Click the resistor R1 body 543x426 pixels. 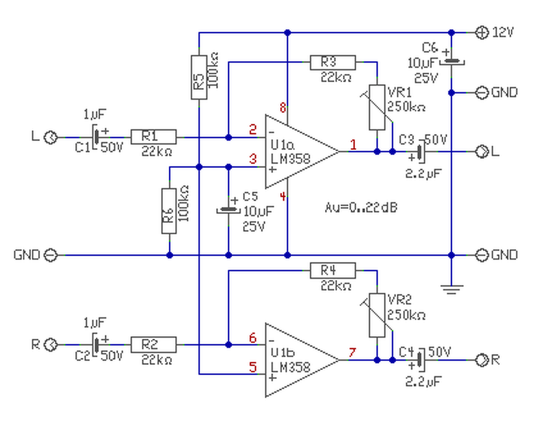154,137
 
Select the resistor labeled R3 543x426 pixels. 333,62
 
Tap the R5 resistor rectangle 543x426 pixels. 199,78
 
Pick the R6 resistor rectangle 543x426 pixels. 169,211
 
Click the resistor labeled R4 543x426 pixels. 333,270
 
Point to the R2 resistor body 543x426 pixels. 154,345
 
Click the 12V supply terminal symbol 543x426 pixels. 481,33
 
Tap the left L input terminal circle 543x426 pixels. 51,137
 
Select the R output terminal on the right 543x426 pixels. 481,360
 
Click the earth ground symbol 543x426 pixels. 451,290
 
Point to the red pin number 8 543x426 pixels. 283,108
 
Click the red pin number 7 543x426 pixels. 353,352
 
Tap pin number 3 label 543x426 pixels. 253,159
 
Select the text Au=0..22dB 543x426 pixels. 361,208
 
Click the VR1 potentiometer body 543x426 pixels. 377,107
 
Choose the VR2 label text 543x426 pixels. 399,300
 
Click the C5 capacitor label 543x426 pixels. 250,197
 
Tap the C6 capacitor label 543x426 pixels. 430,47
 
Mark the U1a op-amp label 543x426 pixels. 283,145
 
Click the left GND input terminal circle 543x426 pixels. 51,255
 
